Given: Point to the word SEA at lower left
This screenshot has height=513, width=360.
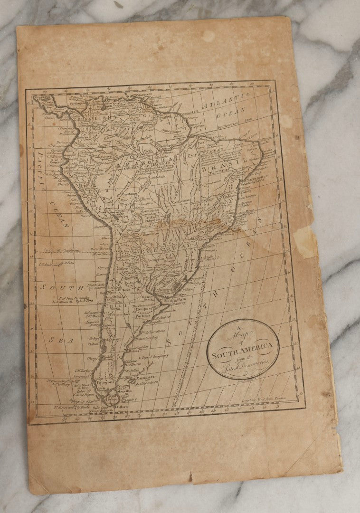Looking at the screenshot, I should tap(62, 340).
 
